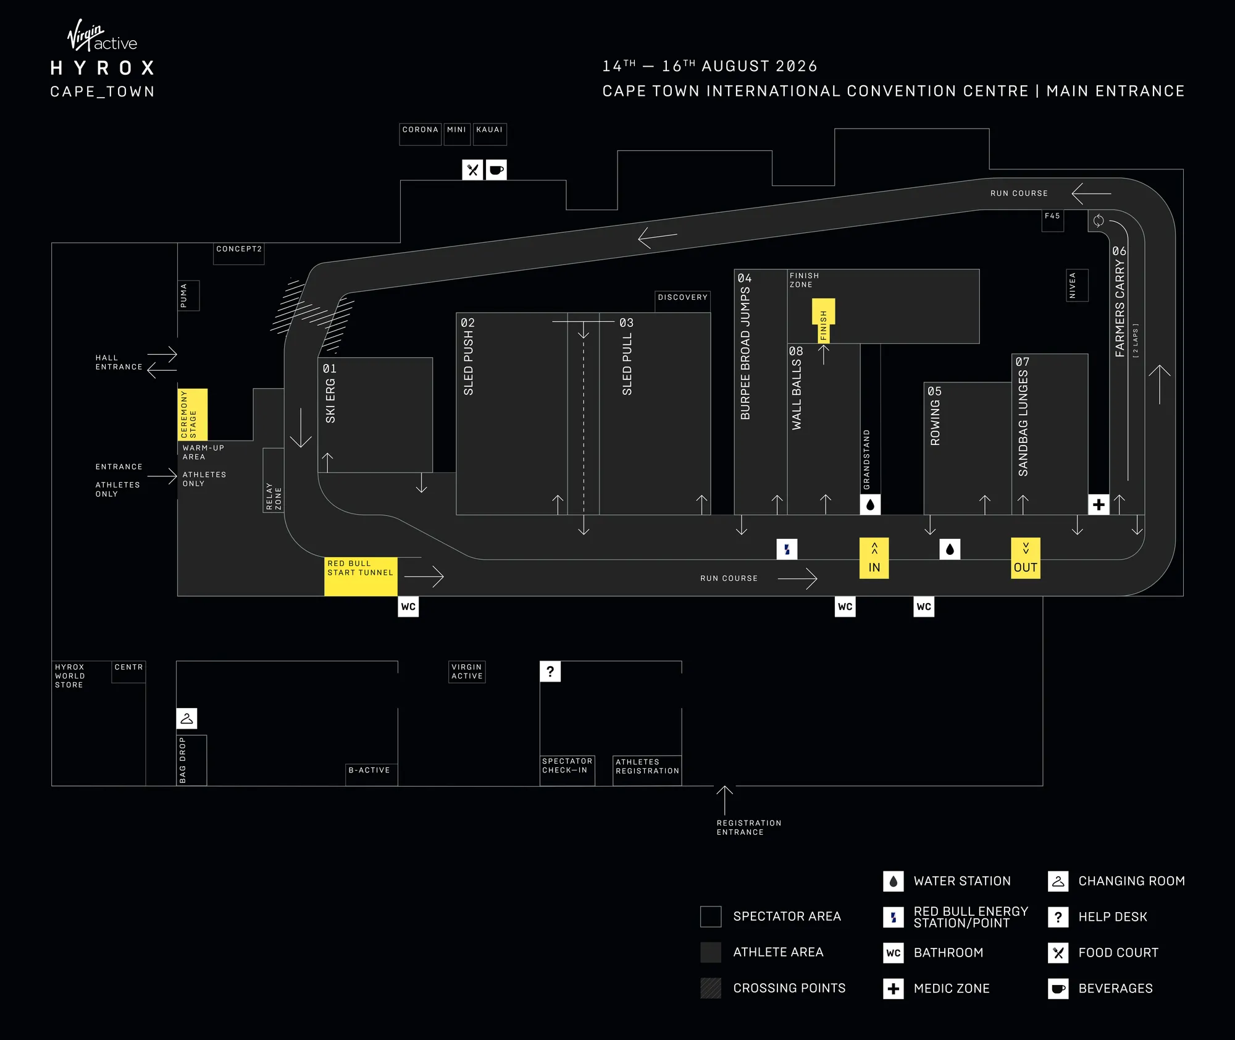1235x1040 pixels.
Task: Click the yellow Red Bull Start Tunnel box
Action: (x=361, y=577)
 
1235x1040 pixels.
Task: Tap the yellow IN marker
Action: (x=874, y=558)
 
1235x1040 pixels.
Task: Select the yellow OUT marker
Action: (x=1025, y=558)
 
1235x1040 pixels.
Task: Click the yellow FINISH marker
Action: (x=823, y=320)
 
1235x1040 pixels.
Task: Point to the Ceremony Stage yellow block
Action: (x=192, y=415)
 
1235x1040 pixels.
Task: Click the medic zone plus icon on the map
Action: (x=1099, y=505)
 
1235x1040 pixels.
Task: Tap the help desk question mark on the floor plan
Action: (x=550, y=672)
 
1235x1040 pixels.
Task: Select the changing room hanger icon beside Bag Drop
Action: (x=186, y=718)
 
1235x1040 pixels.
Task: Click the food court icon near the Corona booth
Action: (x=472, y=170)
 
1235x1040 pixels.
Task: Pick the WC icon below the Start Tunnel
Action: (x=408, y=607)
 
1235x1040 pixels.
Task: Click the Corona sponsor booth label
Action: (x=420, y=130)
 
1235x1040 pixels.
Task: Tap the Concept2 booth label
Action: (x=239, y=249)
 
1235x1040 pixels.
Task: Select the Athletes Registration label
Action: (x=647, y=766)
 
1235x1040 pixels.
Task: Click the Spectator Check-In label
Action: (x=567, y=766)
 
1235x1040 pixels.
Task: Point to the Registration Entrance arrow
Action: (x=724, y=800)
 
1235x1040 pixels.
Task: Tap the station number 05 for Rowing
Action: (x=934, y=391)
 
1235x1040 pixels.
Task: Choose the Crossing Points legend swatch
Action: (x=711, y=988)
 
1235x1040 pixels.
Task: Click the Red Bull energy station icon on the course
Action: (x=787, y=549)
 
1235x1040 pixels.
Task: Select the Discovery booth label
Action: (x=682, y=297)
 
